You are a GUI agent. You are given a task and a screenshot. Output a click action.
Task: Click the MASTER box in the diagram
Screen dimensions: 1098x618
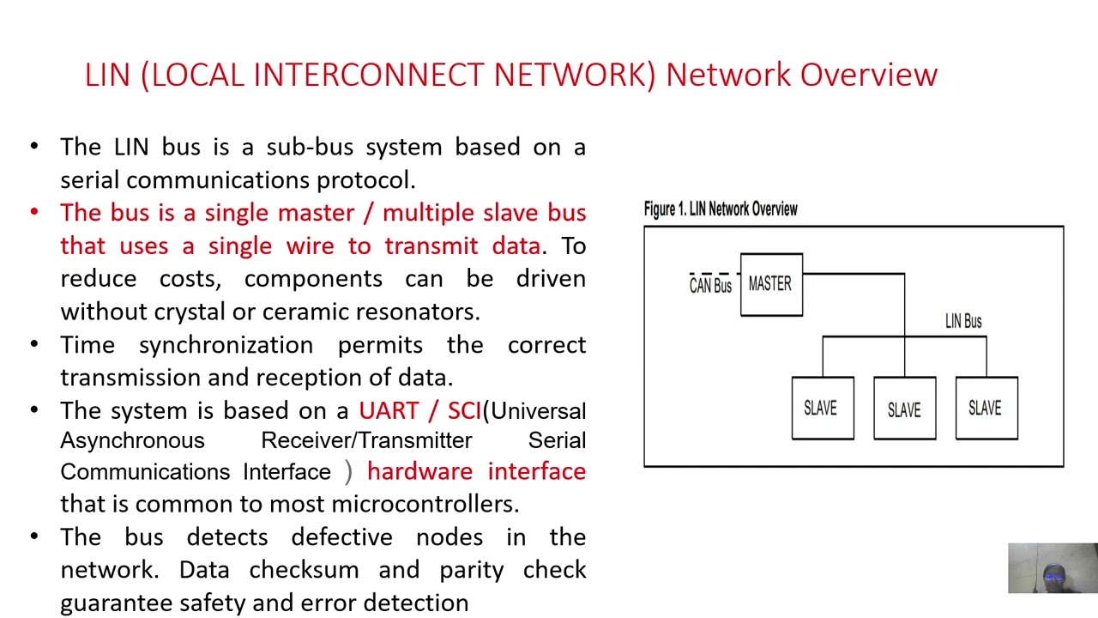point(771,284)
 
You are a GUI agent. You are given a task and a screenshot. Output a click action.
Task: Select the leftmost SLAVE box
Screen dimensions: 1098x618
point(823,408)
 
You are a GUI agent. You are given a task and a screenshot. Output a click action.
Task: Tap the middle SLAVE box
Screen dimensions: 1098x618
point(904,408)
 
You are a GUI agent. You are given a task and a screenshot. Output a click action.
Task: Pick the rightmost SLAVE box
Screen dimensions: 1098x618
point(986,408)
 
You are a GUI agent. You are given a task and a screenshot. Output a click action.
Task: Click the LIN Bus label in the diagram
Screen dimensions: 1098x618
point(963,321)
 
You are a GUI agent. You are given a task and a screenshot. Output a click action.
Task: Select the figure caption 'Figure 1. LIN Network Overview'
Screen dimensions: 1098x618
point(721,209)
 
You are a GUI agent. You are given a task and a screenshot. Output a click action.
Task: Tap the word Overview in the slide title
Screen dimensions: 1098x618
point(869,75)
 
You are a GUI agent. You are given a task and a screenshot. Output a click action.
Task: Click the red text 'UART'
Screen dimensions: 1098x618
point(389,410)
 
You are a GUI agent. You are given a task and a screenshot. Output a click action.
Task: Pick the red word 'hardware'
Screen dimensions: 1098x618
point(419,471)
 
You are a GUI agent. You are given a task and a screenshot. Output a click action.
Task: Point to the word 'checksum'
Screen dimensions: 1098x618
point(304,569)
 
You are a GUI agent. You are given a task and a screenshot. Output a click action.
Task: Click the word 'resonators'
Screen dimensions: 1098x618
point(414,312)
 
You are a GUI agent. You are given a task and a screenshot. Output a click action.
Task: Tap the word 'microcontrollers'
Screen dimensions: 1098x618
point(425,504)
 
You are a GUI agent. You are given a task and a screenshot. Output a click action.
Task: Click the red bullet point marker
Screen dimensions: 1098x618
point(34,212)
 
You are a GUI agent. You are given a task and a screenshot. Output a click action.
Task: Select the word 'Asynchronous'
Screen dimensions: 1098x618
point(132,441)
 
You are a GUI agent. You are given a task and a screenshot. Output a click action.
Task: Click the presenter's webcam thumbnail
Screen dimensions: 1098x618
point(1053,568)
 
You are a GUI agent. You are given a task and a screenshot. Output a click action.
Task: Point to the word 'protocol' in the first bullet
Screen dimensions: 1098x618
point(365,181)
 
